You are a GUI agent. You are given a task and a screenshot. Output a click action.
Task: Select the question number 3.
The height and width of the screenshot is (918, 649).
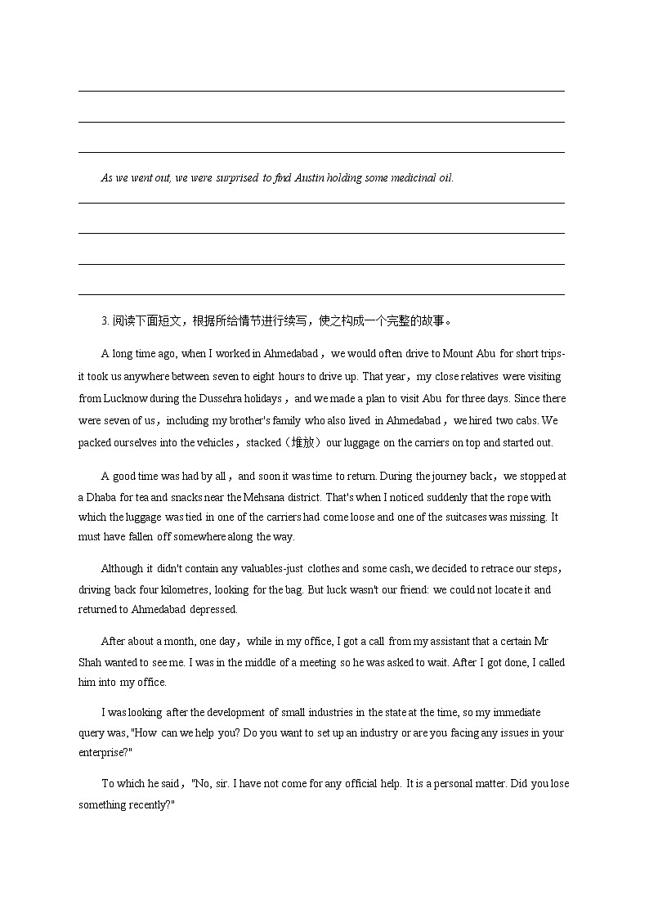click(105, 320)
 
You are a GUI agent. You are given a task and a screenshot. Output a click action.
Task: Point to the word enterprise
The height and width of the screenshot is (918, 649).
click(103, 753)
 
